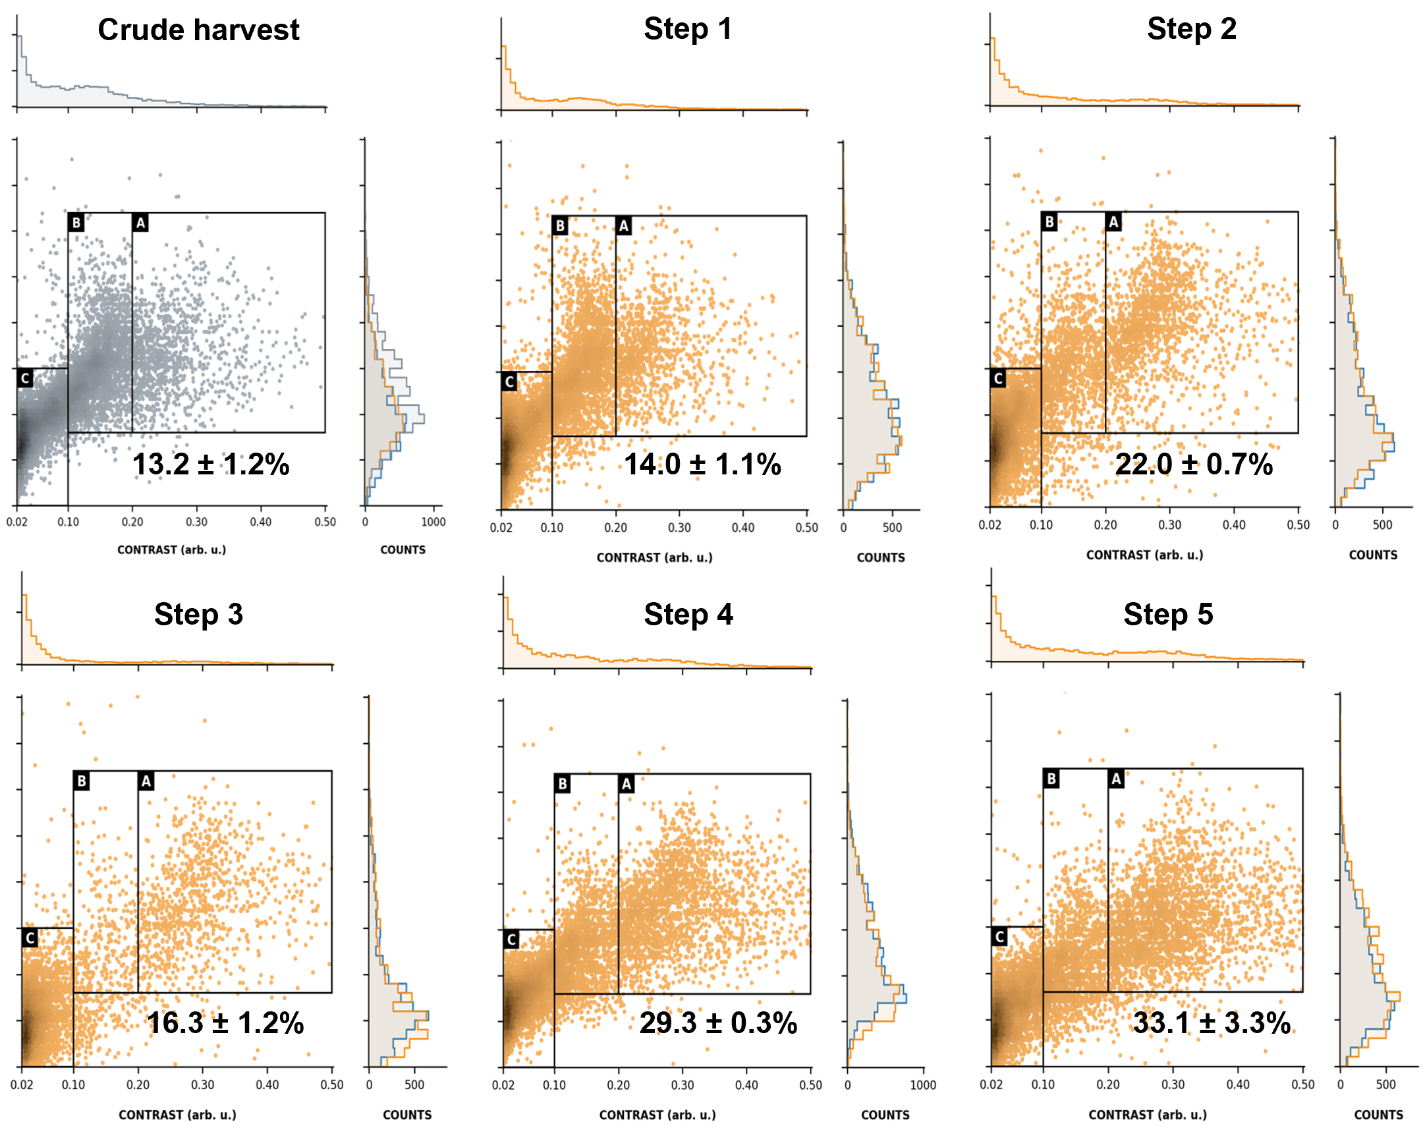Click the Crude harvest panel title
[198, 30]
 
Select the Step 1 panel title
[687, 29]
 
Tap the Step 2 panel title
[1191, 29]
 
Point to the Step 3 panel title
[198, 615]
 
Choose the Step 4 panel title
[688, 615]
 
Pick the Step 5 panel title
[1168, 615]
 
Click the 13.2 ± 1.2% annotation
[211, 464]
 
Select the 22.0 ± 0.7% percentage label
[1194, 464]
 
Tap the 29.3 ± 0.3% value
[718, 1023]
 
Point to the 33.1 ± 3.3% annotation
[1212, 1023]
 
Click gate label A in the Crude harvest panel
[140, 223]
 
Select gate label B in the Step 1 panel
[559, 225]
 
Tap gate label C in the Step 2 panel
[999, 378]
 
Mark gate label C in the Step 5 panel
[1000, 936]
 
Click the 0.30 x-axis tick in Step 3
[202, 1085]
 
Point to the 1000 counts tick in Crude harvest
[433, 522]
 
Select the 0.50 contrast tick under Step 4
[811, 1085]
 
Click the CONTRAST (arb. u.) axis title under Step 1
[654, 557]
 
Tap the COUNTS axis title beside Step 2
[1373, 555]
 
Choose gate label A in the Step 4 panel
[626, 784]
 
